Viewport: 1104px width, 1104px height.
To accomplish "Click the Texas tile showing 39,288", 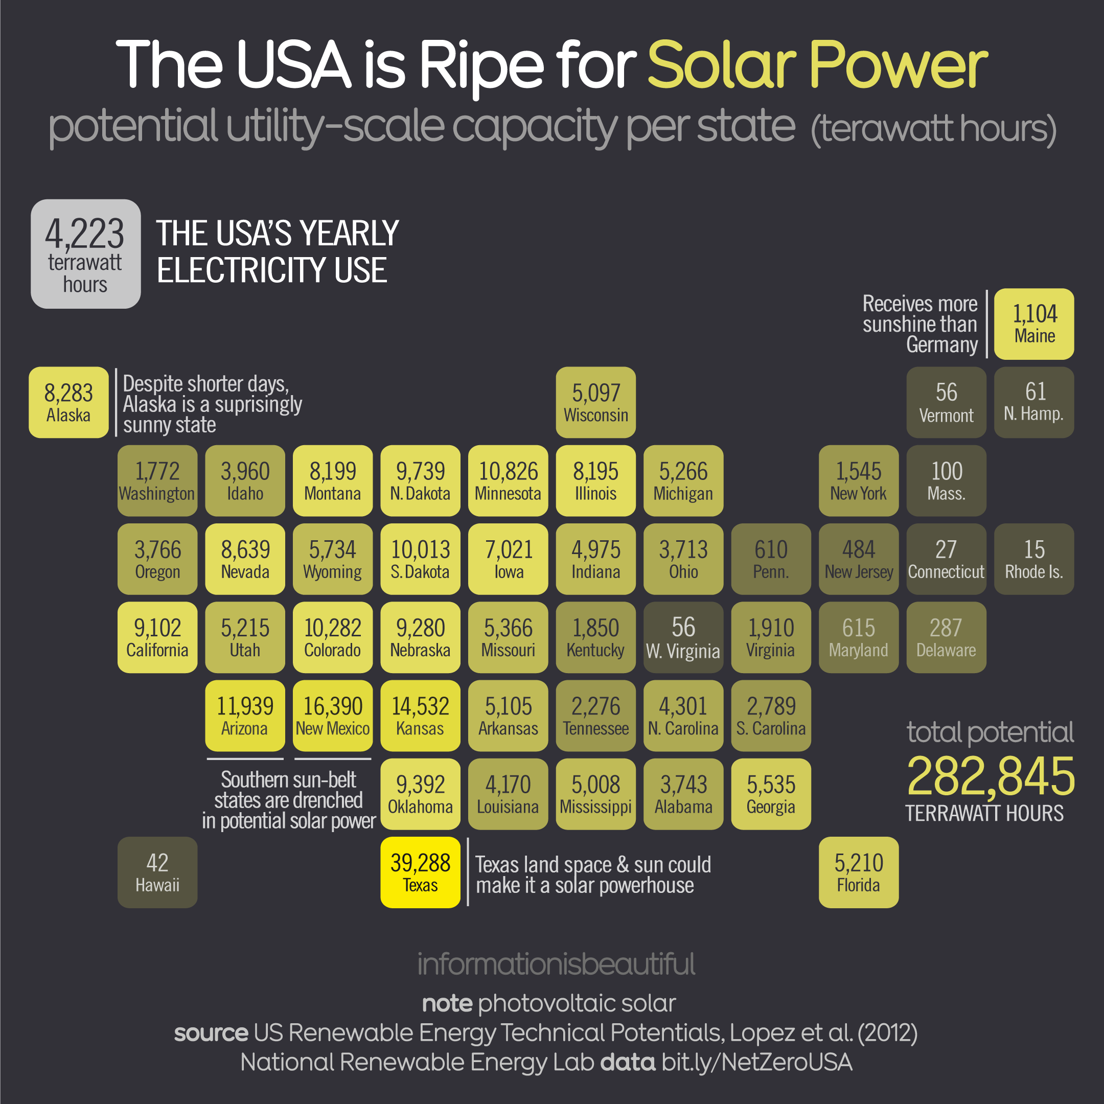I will [x=420, y=872].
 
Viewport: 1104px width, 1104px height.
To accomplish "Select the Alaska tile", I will [x=68, y=402].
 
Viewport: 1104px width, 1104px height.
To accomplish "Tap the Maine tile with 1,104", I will [x=1033, y=324].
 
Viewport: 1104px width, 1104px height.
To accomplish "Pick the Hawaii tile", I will [x=157, y=872].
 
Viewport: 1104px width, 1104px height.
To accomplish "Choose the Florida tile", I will [x=858, y=872].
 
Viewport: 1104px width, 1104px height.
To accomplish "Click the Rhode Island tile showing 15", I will [x=1033, y=559].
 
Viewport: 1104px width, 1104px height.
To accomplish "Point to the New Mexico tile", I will [x=333, y=716].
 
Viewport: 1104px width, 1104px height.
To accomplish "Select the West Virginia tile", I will [x=683, y=637].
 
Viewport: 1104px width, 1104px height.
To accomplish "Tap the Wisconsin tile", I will [x=595, y=402].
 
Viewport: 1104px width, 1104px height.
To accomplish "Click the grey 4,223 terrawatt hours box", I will [x=86, y=254].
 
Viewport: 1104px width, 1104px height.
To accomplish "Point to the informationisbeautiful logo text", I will [x=556, y=964].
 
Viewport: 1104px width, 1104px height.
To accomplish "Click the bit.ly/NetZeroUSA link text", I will [x=756, y=1062].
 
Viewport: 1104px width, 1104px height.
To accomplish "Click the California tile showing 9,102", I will [x=157, y=637].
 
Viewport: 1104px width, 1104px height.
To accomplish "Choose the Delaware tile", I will [x=946, y=637].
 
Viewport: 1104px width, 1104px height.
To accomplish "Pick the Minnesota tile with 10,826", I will [x=508, y=480].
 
